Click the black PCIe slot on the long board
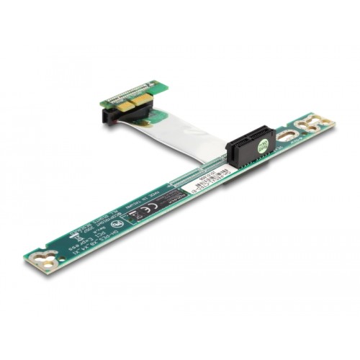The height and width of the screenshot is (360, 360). [x=248, y=147]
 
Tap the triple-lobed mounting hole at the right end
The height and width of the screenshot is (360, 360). [x=320, y=122]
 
